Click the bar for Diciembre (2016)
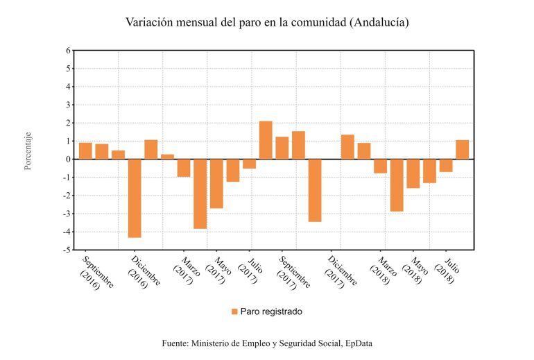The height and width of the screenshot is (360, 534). click(135, 198)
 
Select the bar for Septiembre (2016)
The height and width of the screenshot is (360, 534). click(85, 151)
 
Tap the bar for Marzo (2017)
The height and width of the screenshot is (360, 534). click(184, 168)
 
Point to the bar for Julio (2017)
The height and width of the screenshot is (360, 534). click(249, 164)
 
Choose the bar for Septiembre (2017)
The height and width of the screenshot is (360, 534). click(282, 148)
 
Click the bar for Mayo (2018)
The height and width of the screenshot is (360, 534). click(413, 173)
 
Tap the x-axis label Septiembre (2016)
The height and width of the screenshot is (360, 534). click(97, 273)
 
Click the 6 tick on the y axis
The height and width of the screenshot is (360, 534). click(68, 51)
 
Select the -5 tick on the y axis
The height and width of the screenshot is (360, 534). click(67, 250)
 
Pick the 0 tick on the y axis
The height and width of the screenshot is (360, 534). click(68, 160)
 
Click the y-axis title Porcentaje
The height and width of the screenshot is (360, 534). click(28, 151)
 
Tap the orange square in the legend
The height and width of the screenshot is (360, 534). click(234, 312)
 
